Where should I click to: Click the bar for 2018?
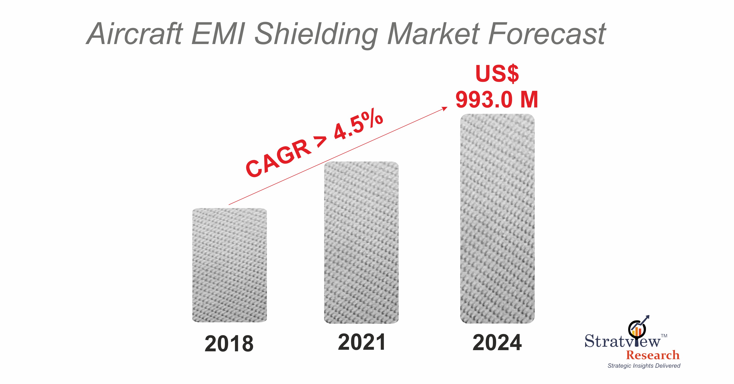(229, 265)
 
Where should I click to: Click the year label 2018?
(229, 344)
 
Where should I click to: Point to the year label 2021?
(362, 342)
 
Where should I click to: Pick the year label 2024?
(497, 343)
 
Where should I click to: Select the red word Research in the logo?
(653, 355)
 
